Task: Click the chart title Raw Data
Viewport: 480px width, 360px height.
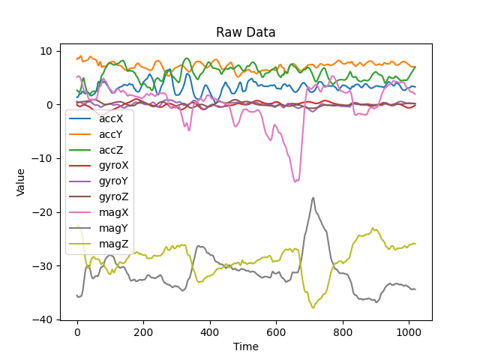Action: pyautogui.click(x=245, y=32)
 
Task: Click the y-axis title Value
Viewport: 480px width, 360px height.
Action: pyautogui.click(x=21, y=181)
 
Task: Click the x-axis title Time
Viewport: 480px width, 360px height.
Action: pyautogui.click(x=245, y=346)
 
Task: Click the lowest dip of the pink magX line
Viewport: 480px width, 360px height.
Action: pyautogui.click(x=296, y=181)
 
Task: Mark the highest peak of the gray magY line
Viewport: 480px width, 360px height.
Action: pyautogui.click(x=313, y=198)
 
